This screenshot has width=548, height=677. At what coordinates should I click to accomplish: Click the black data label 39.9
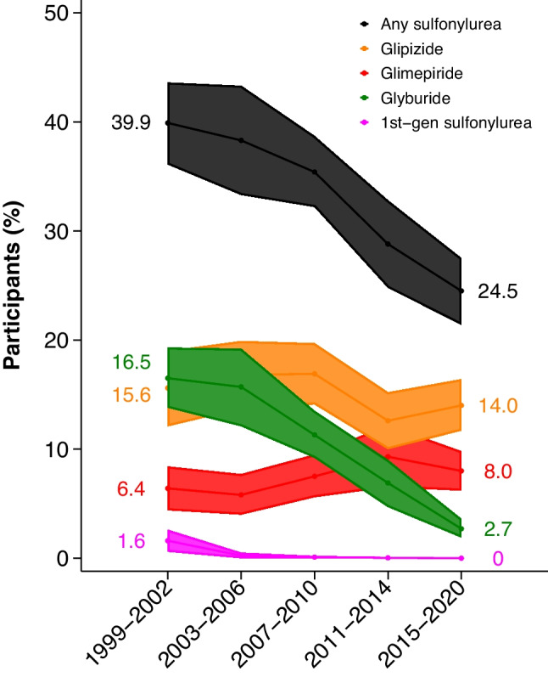(x=131, y=123)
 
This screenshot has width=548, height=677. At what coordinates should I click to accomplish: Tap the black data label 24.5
(x=497, y=291)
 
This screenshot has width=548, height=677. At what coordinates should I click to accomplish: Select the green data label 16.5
(x=131, y=363)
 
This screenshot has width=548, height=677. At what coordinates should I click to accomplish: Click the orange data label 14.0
(x=497, y=406)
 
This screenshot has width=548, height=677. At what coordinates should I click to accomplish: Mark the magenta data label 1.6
(x=131, y=542)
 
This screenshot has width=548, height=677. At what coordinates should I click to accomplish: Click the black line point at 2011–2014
(x=388, y=244)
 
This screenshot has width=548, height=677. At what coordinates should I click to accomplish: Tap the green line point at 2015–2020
(x=461, y=528)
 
